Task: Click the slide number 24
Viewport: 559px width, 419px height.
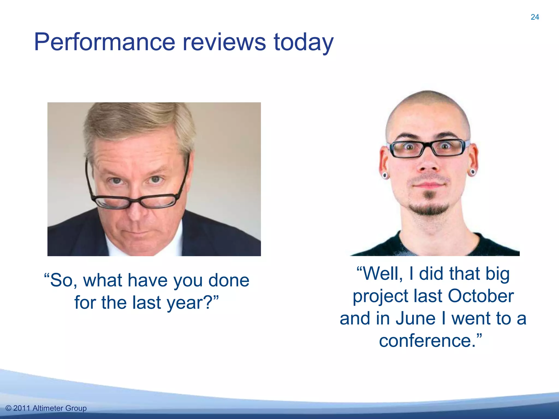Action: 535,17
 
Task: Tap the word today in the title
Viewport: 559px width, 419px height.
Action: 303,42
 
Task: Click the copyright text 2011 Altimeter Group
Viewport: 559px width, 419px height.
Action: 46,408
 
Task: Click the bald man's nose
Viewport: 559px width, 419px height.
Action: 429,164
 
